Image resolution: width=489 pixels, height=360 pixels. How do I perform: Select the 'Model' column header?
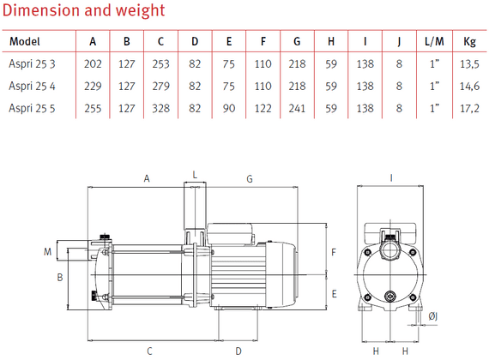[x=25, y=41]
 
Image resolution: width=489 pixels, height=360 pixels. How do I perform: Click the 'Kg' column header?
[x=469, y=41]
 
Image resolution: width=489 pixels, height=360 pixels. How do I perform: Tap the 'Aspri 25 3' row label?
[x=32, y=63]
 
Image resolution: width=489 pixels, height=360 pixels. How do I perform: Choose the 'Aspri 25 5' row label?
[x=32, y=107]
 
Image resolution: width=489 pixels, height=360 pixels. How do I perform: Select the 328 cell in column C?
[x=160, y=107]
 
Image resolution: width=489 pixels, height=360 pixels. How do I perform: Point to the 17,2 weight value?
[x=469, y=107]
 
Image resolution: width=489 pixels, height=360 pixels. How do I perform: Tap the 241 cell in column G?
[x=297, y=107]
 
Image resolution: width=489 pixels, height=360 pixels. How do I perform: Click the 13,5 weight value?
[x=469, y=63]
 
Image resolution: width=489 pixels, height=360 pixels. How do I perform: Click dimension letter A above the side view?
[x=146, y=178]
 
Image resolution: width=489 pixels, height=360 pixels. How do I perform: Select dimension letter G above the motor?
[x=250, y=178]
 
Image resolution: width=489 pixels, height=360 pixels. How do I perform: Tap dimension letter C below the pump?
[x=148, y=351]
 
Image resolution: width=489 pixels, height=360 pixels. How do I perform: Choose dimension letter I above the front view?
[x=390, y=177]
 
